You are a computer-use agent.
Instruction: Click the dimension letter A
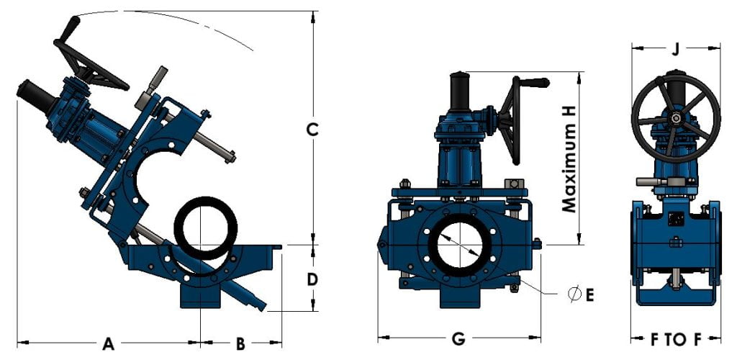tap(108, 344)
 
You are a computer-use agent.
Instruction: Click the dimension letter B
tap(240, 344)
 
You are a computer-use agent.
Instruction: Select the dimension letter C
tap(312, 130)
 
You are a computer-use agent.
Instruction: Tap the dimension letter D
tap(312, 279)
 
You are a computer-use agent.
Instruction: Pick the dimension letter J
tap(674, 50)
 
